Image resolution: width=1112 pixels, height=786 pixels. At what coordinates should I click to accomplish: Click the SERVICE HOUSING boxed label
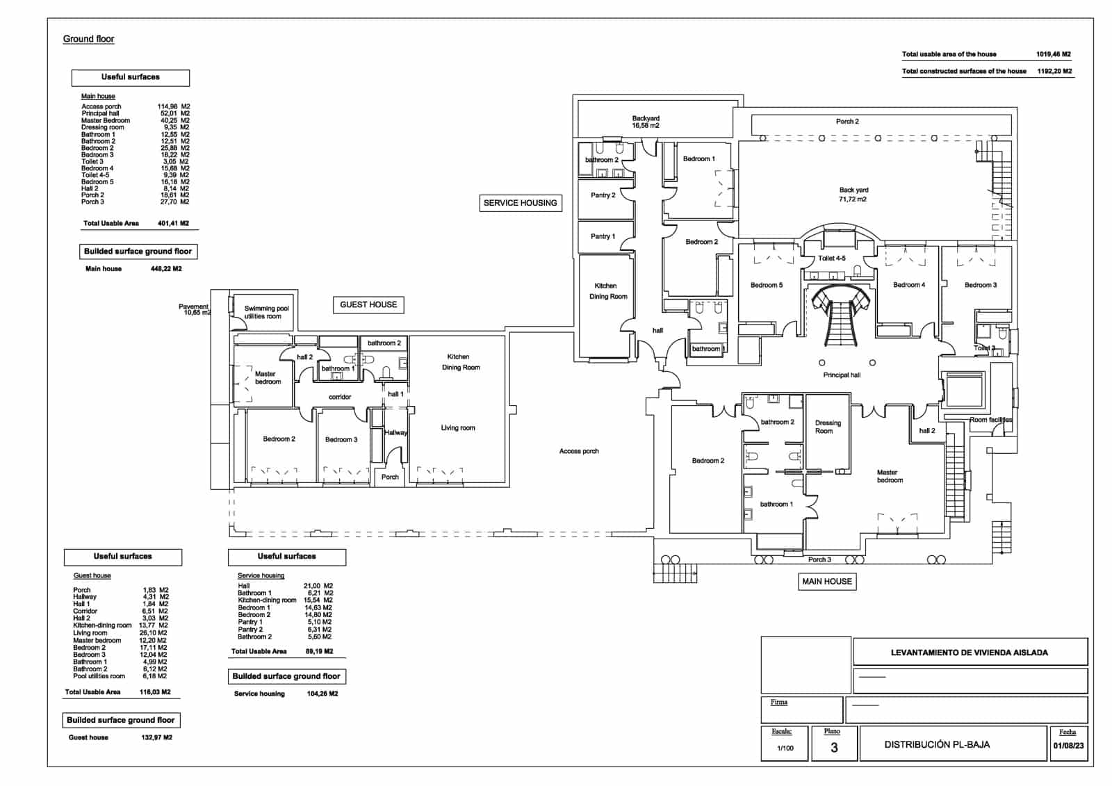(x=520, y=203)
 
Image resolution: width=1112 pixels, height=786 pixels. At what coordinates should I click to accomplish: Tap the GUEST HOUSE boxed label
(x=368, y=304)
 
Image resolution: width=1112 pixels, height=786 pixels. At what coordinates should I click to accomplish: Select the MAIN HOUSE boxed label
(x=826, y=582)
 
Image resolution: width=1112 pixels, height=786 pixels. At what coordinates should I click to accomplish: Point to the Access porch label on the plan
(x=579, y=451)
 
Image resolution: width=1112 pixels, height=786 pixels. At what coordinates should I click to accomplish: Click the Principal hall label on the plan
(x=842, y=375)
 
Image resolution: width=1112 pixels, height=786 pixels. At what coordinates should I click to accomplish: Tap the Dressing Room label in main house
(x=827, y=427)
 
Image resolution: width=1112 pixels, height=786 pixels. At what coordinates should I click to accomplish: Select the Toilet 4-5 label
(x=831, y=259)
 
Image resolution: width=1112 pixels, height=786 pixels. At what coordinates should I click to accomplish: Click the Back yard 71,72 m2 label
(x=853, y=195)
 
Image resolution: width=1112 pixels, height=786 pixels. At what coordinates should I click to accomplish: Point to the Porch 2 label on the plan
(x=847, y=122)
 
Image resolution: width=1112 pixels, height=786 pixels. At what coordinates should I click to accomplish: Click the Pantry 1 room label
(x=603, y=236)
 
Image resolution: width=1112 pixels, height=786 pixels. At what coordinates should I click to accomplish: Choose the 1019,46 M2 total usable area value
(x=1053, y=54)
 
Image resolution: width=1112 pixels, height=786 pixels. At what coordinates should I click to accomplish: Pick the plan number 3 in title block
(x=834, y=748)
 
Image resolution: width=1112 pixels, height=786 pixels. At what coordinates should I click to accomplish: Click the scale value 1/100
(x=785, y=748)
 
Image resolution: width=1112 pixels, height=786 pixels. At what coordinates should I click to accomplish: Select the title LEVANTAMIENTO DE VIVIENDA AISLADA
(x=969, y=653)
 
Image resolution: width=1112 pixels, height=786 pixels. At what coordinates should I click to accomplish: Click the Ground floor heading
(x=88, y=39)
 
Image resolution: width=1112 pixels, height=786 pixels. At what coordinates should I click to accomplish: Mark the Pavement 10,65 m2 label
(x=195, y=310)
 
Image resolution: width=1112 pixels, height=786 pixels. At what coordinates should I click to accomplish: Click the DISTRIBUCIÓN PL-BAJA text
(x=937, y=744)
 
